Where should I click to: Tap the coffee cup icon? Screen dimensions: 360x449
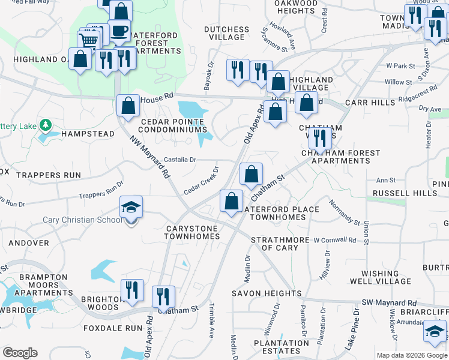pos(119,31)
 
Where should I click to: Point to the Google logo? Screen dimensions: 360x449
pos(20,353)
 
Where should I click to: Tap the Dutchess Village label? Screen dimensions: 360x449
pos(226,33)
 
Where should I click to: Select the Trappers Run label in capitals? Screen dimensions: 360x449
pos(40,175)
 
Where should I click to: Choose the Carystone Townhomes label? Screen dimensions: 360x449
pos(193,232)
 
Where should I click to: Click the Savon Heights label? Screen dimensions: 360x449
pos(267,293)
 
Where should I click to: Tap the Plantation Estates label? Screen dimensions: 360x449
pos(268,347)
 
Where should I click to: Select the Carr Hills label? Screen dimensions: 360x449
pos(370,103)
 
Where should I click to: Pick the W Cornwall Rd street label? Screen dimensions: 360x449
pos(335,240)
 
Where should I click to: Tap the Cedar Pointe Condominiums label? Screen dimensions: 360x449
pos(173,125)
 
